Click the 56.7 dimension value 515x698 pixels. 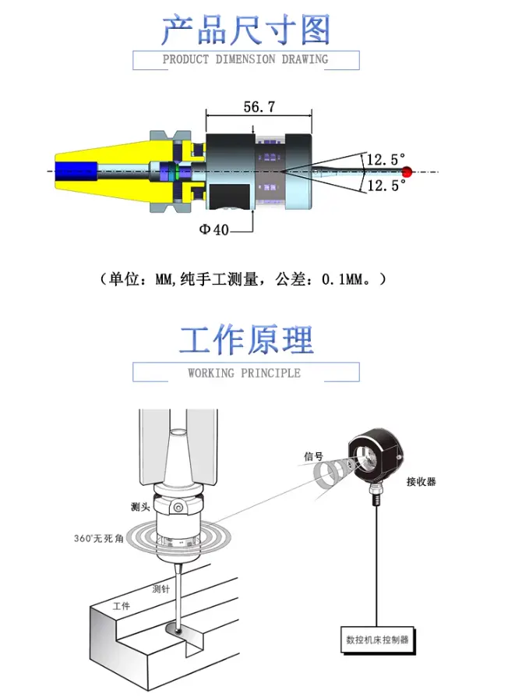[x=259, y=107]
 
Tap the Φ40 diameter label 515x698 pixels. [x=214, y=229]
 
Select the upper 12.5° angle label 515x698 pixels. [x=386, y=159]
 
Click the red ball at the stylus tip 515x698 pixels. [x=407, y=172]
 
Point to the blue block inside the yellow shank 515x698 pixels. [x=76, y=172]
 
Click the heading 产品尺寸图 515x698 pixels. [x=246, y=30]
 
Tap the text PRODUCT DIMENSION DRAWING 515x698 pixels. [x=245, y=59]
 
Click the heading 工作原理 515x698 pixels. [x=246, y=340]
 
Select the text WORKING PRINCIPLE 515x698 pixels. [x=244, y=373]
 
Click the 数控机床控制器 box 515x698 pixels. [x=377, y=640]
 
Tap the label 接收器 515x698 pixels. [x=421, y=481]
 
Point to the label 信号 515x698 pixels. [x=313, y=455]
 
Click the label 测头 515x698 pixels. [x=140, y=506]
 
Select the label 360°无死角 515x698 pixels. [x=99, y=538]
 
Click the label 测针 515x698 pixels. [x=161, y=589]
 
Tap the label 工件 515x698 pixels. [x=122, y=606]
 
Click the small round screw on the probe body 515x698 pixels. [x=178, y=507]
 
